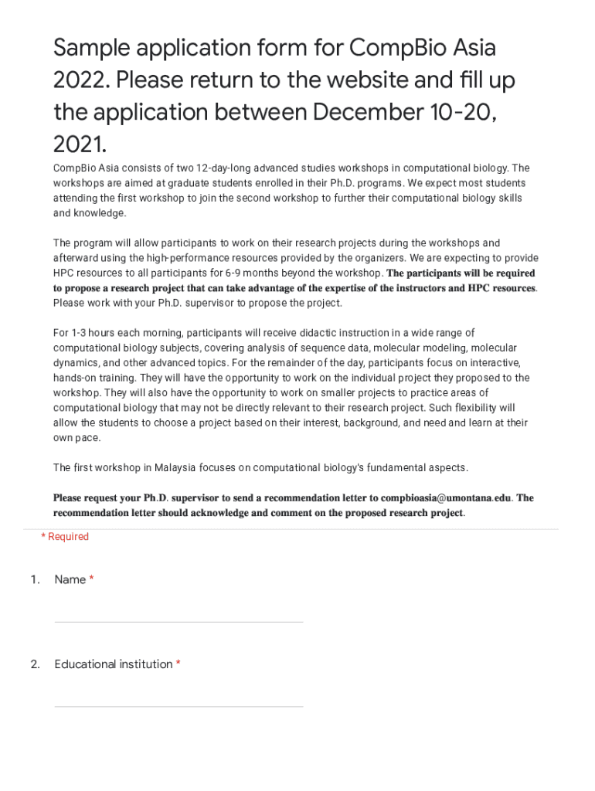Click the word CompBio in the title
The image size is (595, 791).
pyautogui.click(x=394, y=49)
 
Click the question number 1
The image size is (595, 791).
pyautogui.click(x=35, y=579)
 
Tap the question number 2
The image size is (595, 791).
pyautogui.click(x=35, y=664)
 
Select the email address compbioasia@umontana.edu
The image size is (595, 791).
pyautogui.click(x=447, y=498)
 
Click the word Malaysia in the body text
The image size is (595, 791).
pyautogui.click(x=175, y=468)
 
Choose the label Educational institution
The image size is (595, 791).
pyautogui.click(x=114, y=664)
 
